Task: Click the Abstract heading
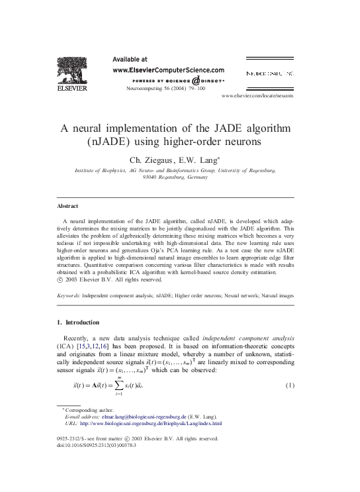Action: [x=69, y=207]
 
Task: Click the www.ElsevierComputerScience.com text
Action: [x=169, y=69]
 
